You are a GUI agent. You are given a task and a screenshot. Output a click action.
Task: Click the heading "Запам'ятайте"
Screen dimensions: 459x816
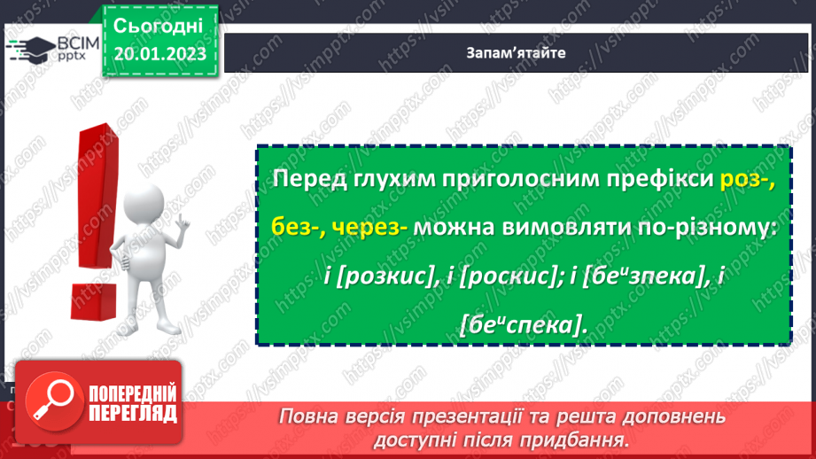516,51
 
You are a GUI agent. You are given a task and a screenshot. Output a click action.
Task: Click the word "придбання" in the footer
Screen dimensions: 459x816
585,439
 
